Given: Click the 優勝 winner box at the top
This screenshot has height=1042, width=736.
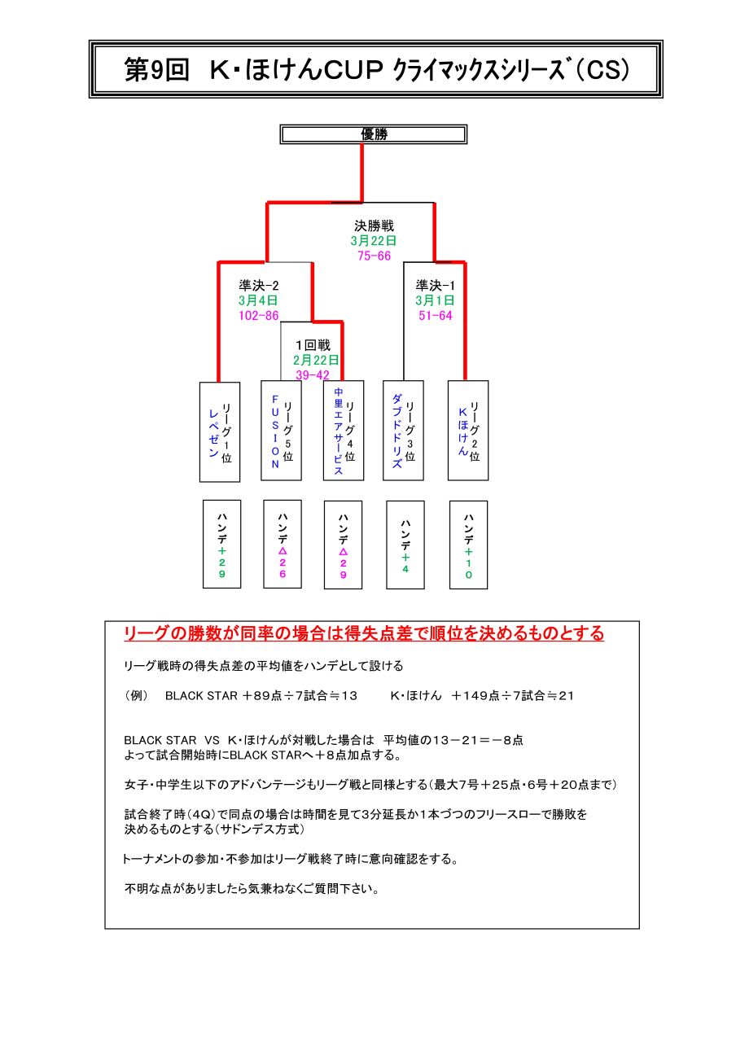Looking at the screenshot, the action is pyautogui.click(x=373, y=134).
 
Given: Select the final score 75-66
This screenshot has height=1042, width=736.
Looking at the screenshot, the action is pyautogui.click(x=374, y=256).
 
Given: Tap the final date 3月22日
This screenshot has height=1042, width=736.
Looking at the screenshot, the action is pyautogui.click(x=374, y=241).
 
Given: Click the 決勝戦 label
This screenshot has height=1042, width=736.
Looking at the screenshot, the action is pyautogui.click(x=374, y=226).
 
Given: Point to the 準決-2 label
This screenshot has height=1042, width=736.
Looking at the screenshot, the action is pyautogui.click(x=259, y=285).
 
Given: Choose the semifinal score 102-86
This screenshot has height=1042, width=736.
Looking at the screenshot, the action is pyautogui.click(x=259, y=315).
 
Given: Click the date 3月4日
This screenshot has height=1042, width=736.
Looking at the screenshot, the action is pyautogui.click(x=258, y=300).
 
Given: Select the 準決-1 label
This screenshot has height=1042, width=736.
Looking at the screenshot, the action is pyautogui.click(x=436, y=285).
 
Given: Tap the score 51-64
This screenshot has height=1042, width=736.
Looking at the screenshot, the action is pyautogui.click(x=436, y=315).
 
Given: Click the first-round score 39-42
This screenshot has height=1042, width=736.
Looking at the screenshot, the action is pyautogui.click(x=313, y=375).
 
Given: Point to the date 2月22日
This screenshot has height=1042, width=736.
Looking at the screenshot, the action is pyautogui.click(x=316, y=360).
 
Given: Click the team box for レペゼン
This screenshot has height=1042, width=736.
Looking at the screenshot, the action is pyautogui.click(x=220, y=431).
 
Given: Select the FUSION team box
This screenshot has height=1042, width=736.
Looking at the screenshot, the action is pyautogui.click(x=281, y=431).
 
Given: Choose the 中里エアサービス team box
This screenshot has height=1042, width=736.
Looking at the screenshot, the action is pyautogui.click(x=344, y=431).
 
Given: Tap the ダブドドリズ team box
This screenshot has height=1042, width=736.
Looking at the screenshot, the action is pyautogui.click(x=403, y=431).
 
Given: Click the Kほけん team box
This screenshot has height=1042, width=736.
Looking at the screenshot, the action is pyautogui.click(x=468, y=431).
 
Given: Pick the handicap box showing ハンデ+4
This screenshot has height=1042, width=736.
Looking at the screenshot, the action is pyautogui.click(x=405, y=545).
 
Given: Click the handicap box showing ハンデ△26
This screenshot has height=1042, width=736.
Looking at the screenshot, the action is pyautogui.click(x=283, y=545).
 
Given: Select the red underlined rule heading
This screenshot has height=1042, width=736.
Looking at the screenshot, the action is pyautogui.click(x=364, y=633).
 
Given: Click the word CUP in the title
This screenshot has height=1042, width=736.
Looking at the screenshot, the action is pyautogui.click(x=353, y=70).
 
